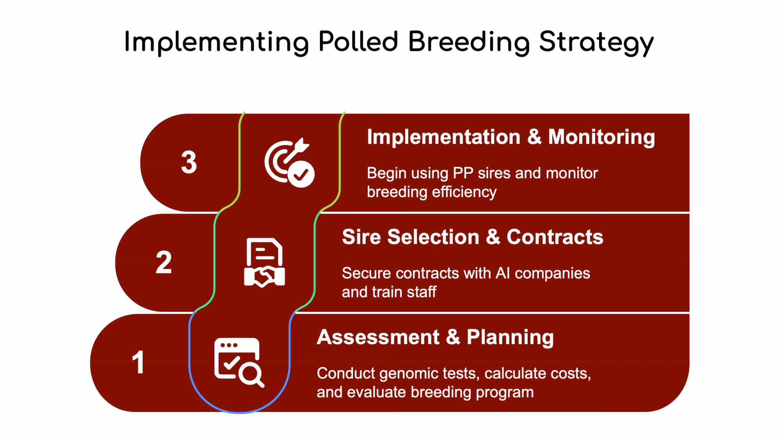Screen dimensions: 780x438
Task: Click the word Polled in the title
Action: [358, 41]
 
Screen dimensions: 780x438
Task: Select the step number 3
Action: [189, 162]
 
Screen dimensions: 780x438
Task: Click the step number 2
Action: [164, 263]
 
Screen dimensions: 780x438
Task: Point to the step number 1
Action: [138, 363]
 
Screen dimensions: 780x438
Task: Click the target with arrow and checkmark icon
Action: [289, 162]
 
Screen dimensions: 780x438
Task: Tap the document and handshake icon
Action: [264, 263]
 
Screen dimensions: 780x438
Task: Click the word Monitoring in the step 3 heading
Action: [601, 138]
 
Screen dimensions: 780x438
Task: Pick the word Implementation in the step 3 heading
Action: [443, 137]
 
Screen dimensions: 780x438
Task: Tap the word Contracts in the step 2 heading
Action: [555, 237]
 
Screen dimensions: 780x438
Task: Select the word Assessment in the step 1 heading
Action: [378, 337]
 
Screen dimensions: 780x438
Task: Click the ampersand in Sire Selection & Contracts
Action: [493, 237]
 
